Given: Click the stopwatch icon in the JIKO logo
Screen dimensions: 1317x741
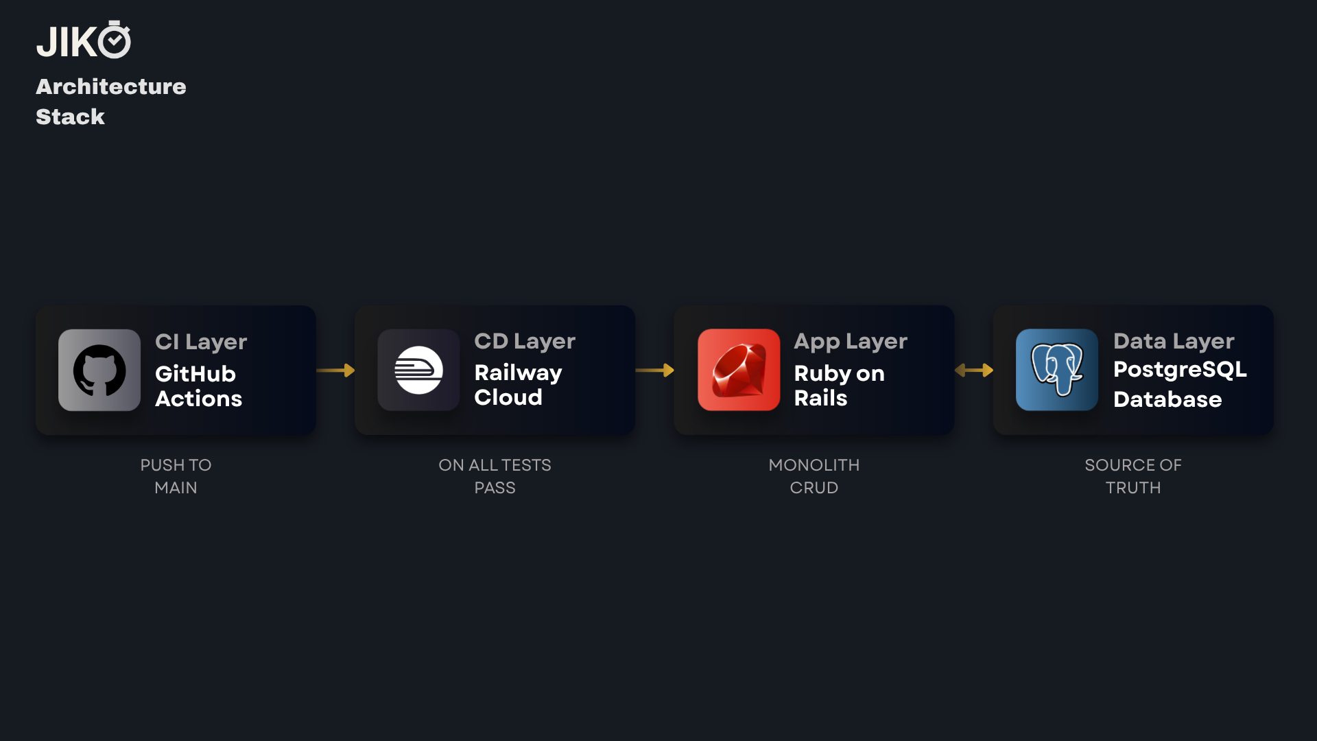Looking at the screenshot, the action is [115, 40].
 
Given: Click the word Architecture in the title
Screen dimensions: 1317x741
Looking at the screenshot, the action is [111, 86].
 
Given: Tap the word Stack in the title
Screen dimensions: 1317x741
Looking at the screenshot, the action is [70, 117].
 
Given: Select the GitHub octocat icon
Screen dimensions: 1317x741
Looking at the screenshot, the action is [99, 370].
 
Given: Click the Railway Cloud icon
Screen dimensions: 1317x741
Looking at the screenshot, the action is [418, 370].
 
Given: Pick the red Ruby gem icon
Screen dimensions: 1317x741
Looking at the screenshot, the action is [739, 370].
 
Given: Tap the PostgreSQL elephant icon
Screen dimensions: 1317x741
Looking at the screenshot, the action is [1057, 370].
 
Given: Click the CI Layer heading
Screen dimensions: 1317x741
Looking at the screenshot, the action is [201, 342].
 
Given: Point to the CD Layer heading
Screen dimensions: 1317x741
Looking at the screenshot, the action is [525, 341].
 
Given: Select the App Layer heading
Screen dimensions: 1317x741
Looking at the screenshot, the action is [851, 341].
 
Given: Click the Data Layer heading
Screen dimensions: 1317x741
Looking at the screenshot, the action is [1174, 341].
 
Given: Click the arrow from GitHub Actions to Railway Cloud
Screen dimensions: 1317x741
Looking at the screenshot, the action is [335, 370].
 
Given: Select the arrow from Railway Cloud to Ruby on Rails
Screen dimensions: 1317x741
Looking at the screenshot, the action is [655, 370].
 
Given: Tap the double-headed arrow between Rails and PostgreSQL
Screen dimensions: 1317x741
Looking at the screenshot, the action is [974, 370].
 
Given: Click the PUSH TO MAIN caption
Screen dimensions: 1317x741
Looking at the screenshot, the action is [176, 476].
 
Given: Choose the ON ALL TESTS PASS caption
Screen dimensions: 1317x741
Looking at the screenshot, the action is [495, 476].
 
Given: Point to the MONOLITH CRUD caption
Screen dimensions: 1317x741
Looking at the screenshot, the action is [814, 476].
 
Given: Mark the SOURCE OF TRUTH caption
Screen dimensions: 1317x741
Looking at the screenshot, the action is [1133, 476].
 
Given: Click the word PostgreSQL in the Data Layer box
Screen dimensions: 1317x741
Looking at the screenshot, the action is [1180, 370].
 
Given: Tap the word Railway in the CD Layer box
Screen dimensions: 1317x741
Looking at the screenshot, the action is [518, 373].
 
